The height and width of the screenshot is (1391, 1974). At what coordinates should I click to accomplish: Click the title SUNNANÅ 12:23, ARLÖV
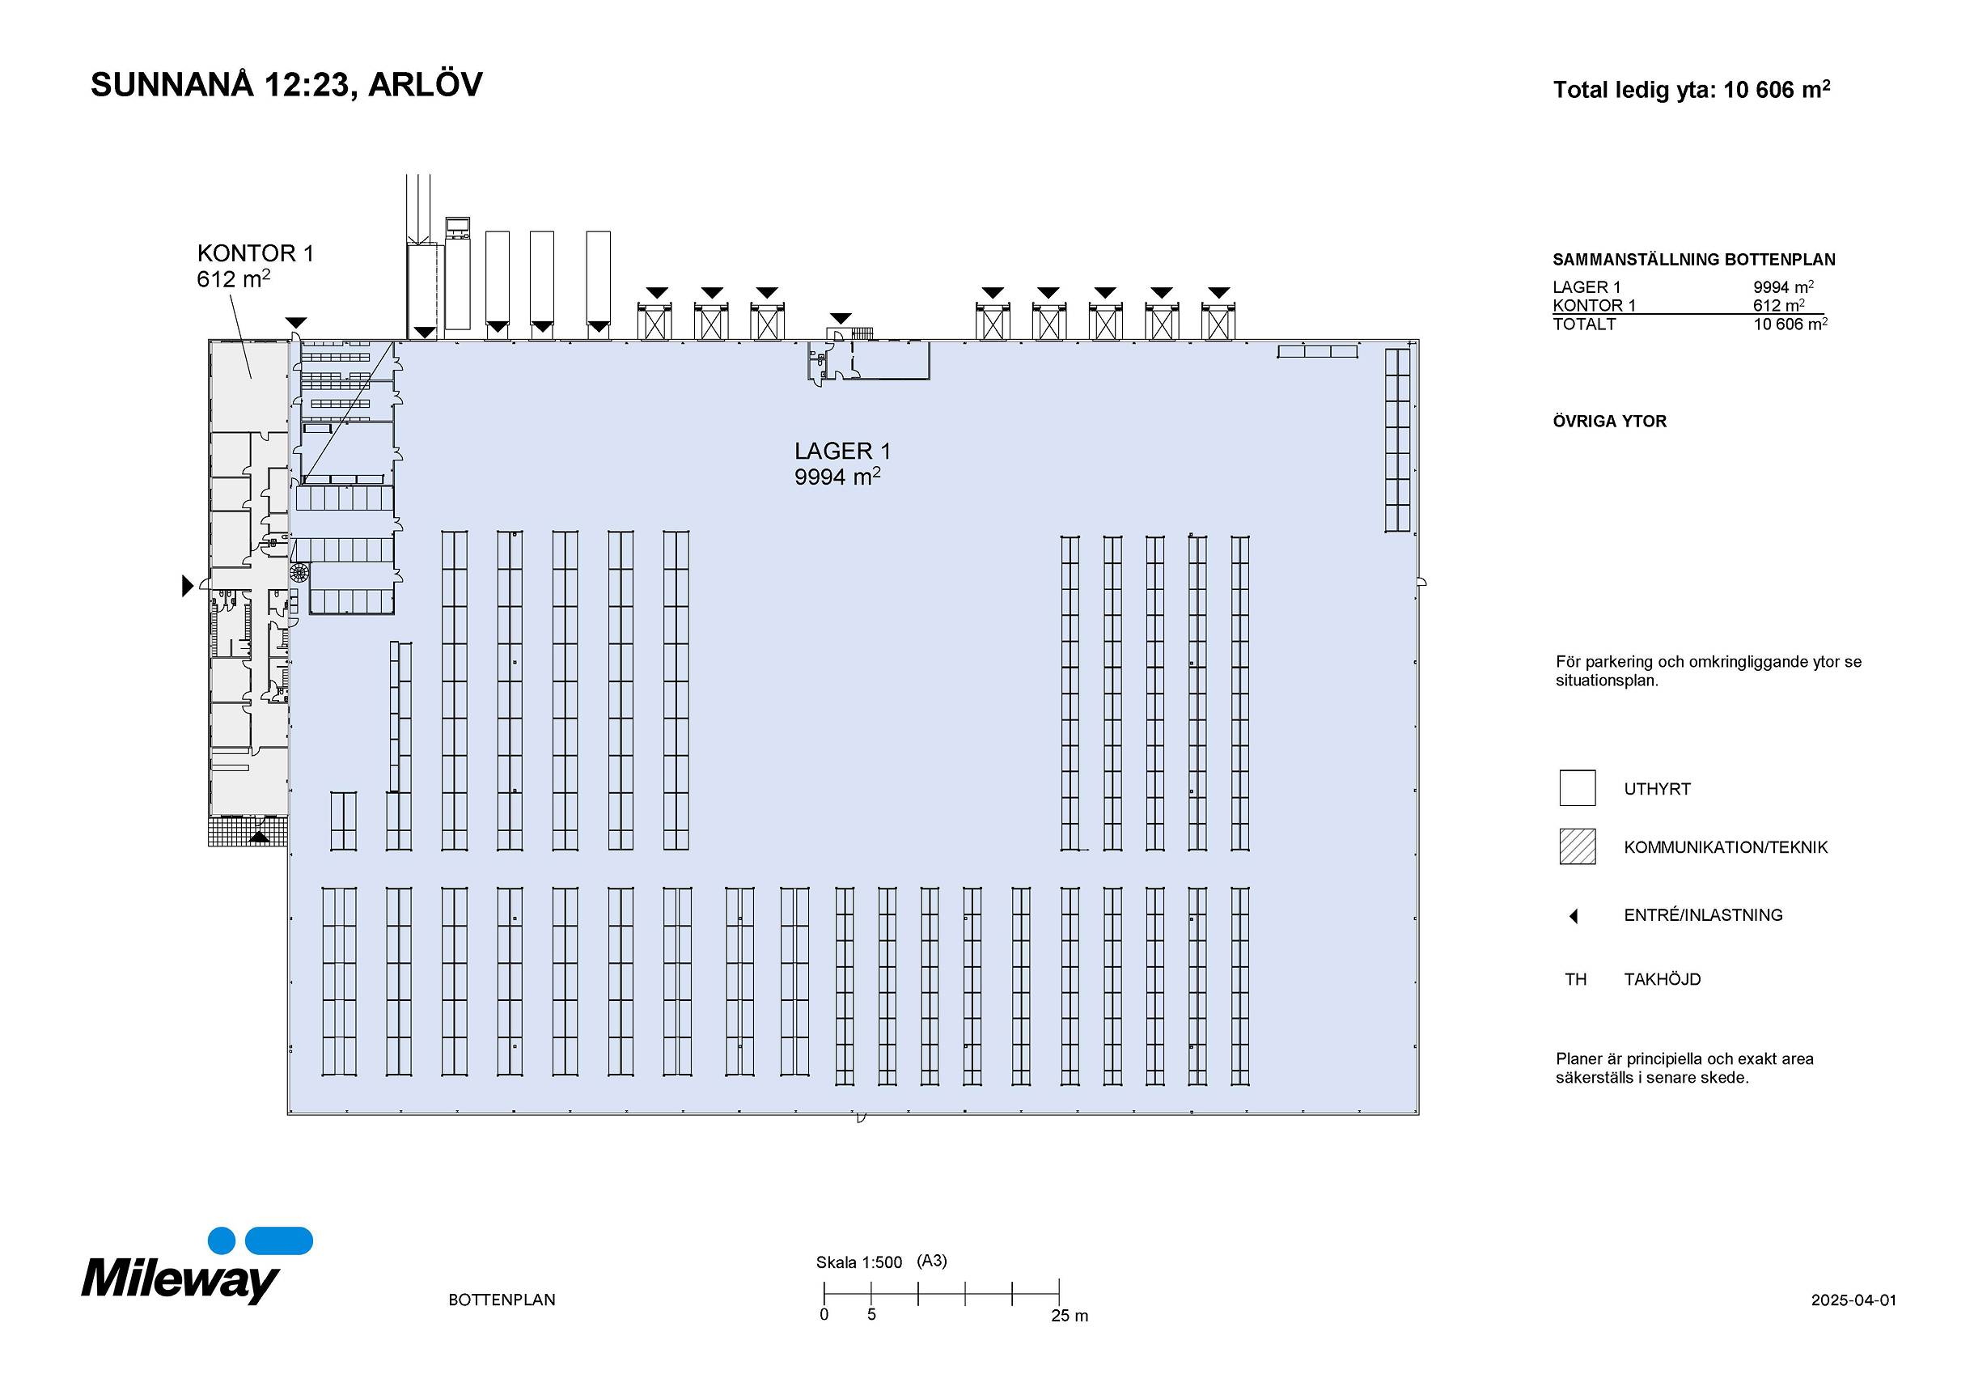click(x=286, y=85)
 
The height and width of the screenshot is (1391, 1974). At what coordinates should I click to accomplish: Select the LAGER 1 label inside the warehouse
click(x=841, y=452)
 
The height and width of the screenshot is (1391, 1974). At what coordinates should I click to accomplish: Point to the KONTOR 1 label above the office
click(x=256, y=253)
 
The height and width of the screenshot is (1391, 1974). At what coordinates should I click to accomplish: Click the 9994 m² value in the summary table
click(x=1783, y=287)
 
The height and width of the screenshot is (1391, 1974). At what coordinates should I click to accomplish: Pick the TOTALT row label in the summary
click(x=1584, y=324)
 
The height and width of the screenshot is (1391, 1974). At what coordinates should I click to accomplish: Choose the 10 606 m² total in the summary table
click(x=1790, y=324)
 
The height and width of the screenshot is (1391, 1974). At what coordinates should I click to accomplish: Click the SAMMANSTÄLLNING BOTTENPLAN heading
click(x=1694, y=260)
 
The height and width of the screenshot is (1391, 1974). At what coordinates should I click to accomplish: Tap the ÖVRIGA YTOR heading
click(x=1609, y=422)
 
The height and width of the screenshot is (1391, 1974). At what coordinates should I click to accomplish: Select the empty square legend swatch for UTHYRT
click(x=1577, y=787)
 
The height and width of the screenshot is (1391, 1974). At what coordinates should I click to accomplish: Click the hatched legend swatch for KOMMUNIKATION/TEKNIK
click(x=1577, y=846)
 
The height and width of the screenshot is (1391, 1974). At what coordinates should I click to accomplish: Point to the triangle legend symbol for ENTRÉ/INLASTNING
click(x=1574, y=917)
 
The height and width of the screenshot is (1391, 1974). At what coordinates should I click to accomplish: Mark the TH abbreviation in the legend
click(x=1575, y=979)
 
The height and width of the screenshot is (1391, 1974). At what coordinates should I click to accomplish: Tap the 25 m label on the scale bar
click(x=1069, y=1317)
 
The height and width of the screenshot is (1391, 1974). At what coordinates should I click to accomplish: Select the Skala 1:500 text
click(x=859, y=1262)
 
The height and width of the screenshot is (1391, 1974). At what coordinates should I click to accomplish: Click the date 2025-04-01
click(x=1853, y=1300)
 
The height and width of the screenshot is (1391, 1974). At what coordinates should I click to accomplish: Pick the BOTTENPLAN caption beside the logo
click(x=502, y=1300)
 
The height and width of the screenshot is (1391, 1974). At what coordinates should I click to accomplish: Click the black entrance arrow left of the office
click(x=188, y=586)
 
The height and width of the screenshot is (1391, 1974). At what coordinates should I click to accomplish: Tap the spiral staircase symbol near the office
click(x=299, y=573)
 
